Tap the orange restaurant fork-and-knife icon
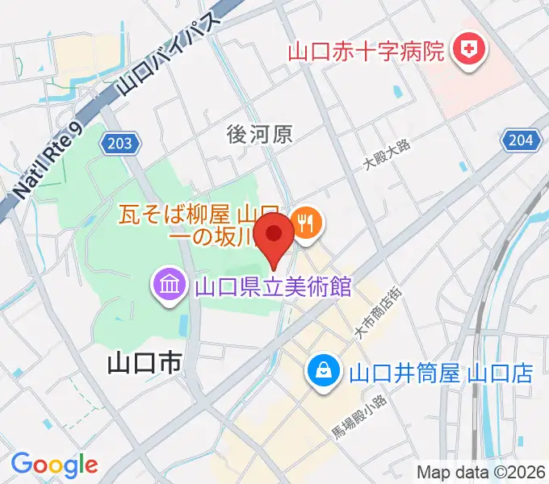(306, 224)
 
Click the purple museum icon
(170, 286)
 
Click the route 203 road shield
(120, 144)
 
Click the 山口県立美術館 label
(273, 286)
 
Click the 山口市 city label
(144, 365)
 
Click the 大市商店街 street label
(376, 311)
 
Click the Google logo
(54, 465)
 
